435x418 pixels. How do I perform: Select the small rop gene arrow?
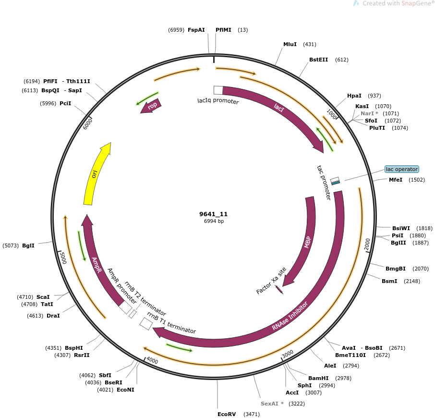[x=151, y=106]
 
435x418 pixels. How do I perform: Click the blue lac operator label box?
[x=402, y=169]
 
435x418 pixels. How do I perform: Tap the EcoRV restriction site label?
[x=227, y=414]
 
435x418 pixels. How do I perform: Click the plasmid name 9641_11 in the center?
[x=214, y=214]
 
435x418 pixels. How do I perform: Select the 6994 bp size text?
[x=214, y=221]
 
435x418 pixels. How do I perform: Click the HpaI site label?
[x=354, y=96]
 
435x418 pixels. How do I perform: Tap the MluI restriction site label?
[x=290, y=44]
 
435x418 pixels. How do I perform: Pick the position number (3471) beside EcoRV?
[x=252, y=414]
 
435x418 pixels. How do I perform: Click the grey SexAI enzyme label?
[x=272, y=404]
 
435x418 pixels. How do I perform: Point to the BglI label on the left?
[x=27, y=246]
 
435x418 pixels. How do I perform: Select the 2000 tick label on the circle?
[x=367, y=243]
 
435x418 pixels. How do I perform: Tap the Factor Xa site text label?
[x=271, y=281]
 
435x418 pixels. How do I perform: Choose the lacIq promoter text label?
[x=218, y=101]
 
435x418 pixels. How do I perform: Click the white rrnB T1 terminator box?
[x=146, y=323]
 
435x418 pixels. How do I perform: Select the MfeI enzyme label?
[x=396, y=180]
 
